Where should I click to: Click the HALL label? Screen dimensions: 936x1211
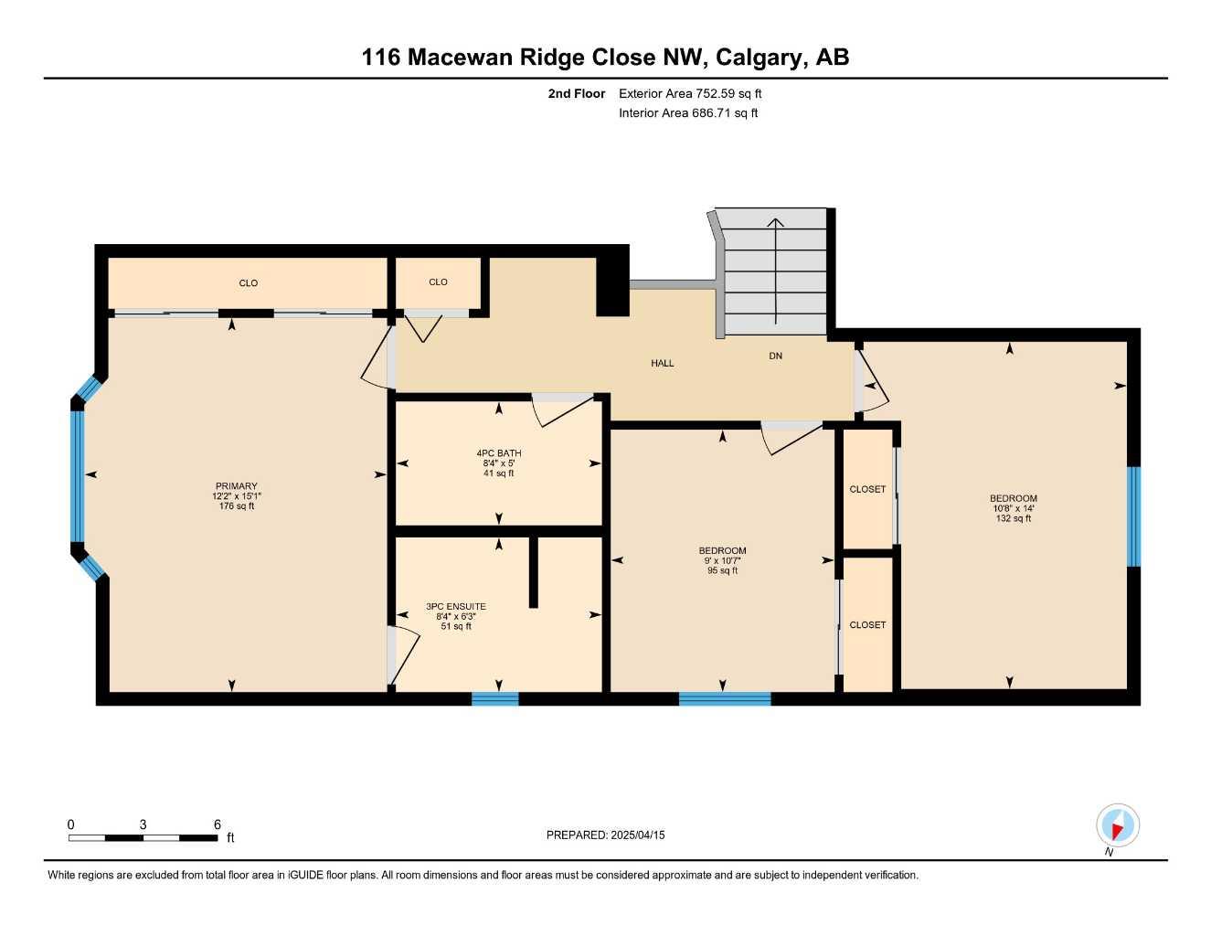(662, 364)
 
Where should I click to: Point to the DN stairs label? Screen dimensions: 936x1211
(775, 356)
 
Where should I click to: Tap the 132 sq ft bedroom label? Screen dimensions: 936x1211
(1014, 508)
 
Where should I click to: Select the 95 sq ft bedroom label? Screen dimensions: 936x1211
(722, 560)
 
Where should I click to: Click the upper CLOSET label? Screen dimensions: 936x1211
(867, 490)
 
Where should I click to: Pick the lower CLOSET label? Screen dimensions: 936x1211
(867, 625)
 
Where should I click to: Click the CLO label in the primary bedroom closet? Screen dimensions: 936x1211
(248, 283)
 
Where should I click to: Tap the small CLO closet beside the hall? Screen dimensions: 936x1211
(438, 282)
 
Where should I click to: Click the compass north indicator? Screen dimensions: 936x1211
(1117, 826)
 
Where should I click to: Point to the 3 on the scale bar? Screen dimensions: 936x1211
(143, 824)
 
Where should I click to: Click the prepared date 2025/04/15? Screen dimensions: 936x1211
(605, 835)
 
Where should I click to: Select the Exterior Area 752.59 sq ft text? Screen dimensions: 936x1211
(690, 93)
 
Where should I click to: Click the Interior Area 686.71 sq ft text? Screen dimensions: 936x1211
(688, 113)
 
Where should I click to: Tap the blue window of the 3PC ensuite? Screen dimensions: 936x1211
(494, 699)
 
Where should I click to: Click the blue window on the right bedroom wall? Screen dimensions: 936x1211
(1133, 516)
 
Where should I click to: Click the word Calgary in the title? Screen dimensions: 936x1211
(757, 58)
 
